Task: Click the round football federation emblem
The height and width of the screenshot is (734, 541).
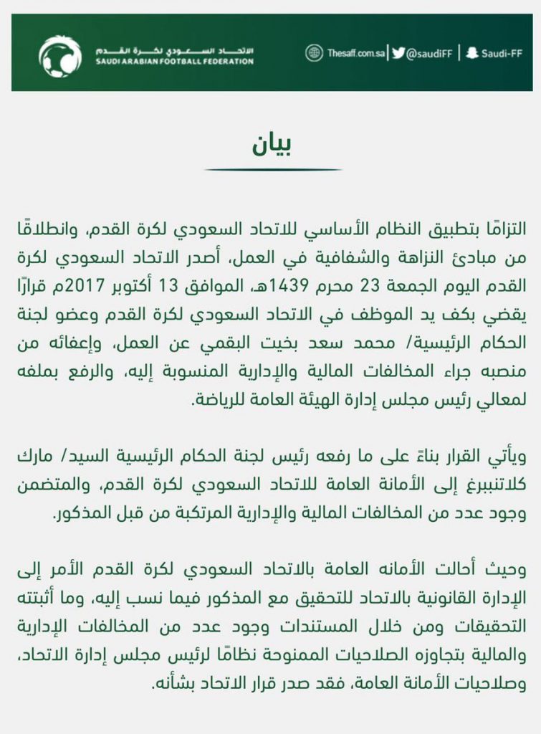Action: (60, 56)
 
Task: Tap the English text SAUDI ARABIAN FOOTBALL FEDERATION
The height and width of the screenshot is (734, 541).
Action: (174, 62)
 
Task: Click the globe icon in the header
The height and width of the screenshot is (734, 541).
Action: (314, 53)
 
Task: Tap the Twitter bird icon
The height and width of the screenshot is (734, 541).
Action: (399, 53)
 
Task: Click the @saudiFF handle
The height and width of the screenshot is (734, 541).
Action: (428, 53)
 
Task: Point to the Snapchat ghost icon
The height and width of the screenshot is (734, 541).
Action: (471, 53)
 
